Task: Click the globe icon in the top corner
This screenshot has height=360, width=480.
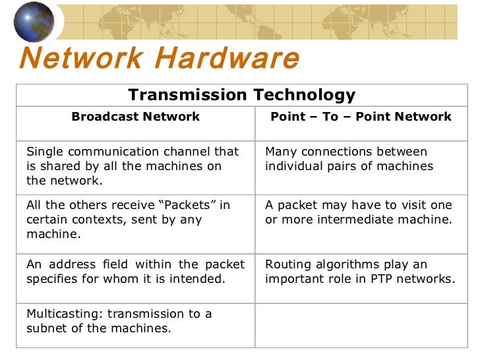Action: (34, 22)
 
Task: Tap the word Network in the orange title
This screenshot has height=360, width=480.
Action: (81, 59)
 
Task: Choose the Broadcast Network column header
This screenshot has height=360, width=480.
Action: (135, 117)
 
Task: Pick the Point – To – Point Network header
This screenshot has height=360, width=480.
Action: (361, 117)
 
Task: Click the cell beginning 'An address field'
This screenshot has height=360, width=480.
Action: (135, 272)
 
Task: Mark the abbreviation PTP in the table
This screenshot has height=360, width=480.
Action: (387, 279)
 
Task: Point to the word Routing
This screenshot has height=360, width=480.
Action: (287, 264)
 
